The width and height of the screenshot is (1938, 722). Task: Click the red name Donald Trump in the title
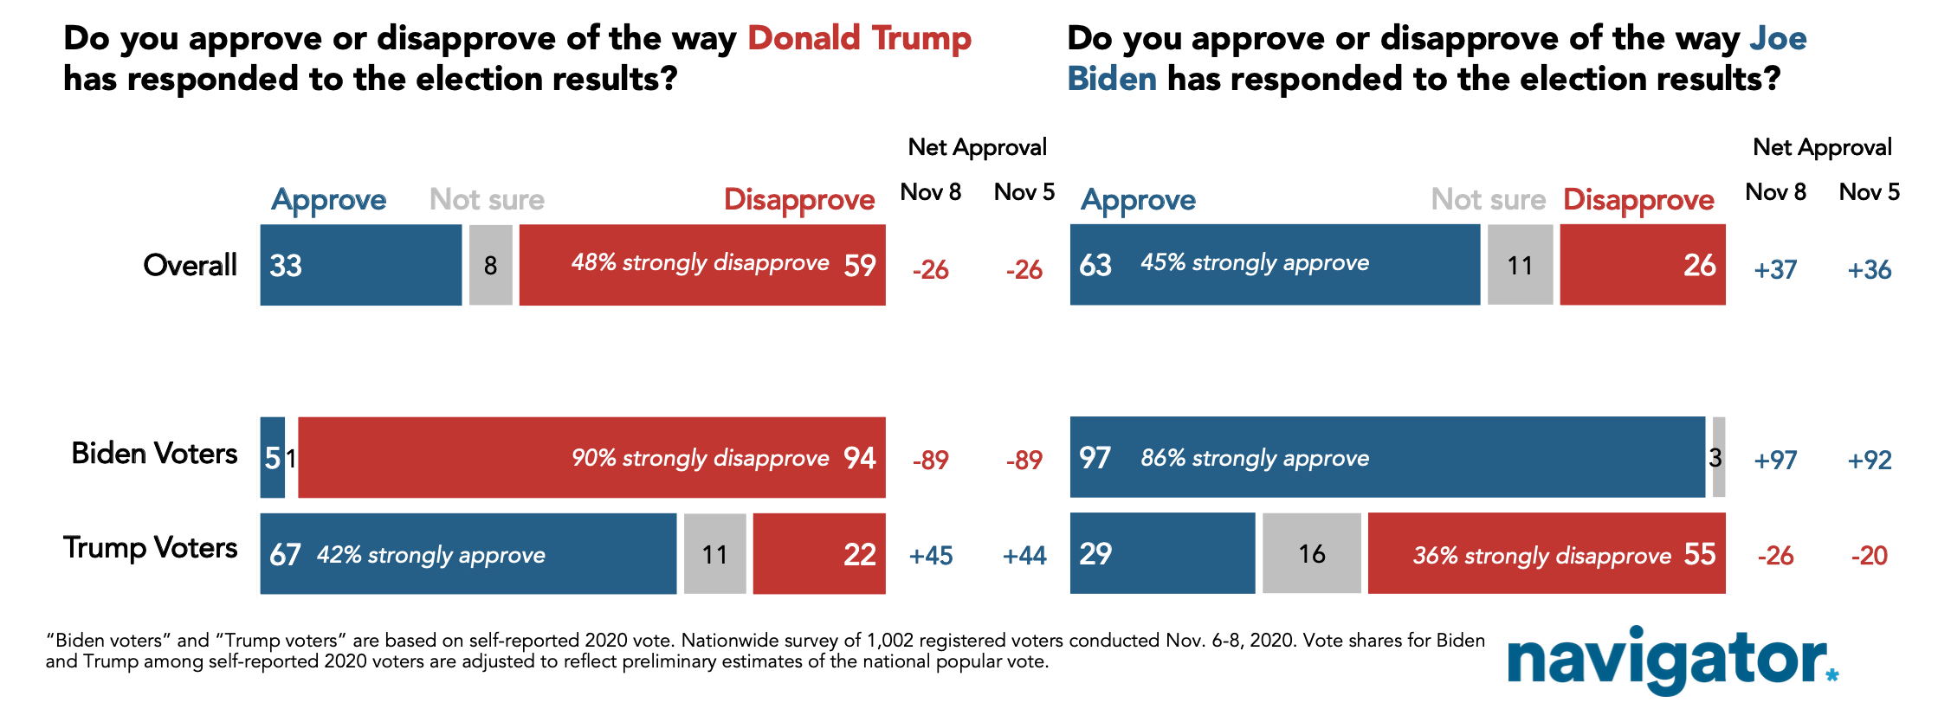[x=859, y=39]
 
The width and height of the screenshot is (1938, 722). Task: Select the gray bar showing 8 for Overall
[x=491, y=265]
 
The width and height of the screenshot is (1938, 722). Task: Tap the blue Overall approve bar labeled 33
[x=361, y=265]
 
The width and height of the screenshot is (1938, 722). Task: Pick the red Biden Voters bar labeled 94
[x=591, y=458]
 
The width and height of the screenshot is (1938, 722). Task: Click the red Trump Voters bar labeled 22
[x=819, y=554]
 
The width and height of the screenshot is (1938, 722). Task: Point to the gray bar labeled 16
[x=1312, y=553]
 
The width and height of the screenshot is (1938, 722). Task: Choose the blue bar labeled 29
[x=1162, y=553]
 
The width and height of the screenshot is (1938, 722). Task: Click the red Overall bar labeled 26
[x=1643, y=265]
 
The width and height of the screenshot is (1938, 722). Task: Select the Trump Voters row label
[x=150, y=548]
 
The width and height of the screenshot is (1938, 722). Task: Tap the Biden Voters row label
[x=154, y=454]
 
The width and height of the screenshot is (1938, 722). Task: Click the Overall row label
[x=191, y=265]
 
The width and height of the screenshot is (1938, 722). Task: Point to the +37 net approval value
[x=1775, y=270]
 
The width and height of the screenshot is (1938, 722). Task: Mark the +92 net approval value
[x=1870, y=461]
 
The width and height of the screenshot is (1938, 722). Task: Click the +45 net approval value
[x=931, y=556]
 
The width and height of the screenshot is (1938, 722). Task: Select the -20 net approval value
[x=1870, y=556]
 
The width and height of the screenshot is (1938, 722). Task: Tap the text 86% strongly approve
[x=1255, y=458]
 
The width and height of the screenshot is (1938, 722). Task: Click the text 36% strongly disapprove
[x=1542, y=555]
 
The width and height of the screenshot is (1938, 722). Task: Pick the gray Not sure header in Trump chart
[x=488, y=200]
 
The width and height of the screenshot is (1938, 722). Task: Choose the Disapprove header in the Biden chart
[x=1638, y=201]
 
